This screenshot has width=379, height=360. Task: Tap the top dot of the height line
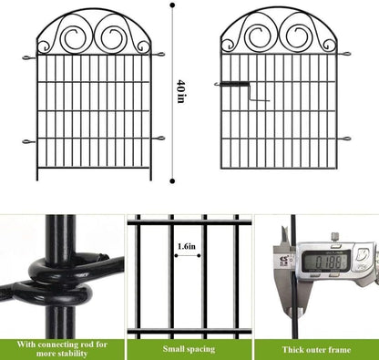pos(173,5)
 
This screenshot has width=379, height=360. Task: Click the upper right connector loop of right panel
pos(344,56)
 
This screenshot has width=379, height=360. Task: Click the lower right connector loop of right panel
pos(344,139)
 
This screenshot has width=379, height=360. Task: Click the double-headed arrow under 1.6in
pos(188,255)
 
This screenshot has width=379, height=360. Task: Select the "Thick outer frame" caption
pos(315,348)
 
